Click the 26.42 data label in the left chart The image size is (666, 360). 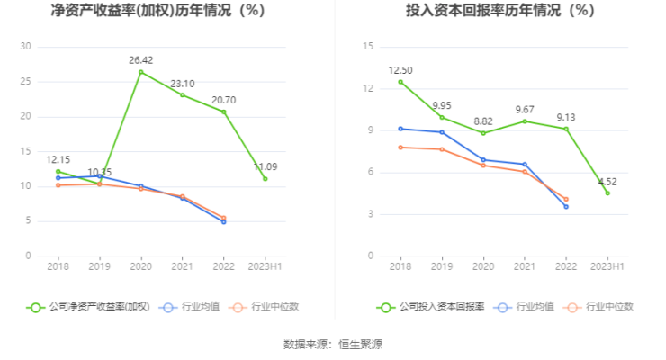pyautogui.click(x=140, y=60)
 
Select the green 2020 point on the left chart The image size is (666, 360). pyautogui.click(x=140, y=72)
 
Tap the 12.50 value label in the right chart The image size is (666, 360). pyautogui.click(x=400, y=70)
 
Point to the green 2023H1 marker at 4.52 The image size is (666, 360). pyautogui.click(x=607, y=193)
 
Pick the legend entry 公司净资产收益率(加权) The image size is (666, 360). pyautogui.click(x=88, y=307)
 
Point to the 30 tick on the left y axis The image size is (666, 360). pyautogui.click(x=25, y=47)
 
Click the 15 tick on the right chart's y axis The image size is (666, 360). pyautogui.click(x=366, y=47)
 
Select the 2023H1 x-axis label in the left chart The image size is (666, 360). pyautogui.click(x=265, y=267)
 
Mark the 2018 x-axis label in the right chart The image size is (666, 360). pyautogui.click(x=400, y=267)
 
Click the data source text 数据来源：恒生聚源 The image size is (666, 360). pyautogui.click(x=333, y=344)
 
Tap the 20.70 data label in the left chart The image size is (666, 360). pyautogui.click(x=223, y=100)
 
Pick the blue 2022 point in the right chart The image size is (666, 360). pyautogui.click(x=566, y=207)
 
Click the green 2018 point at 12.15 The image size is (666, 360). pyautogui.click(x=58, y=171)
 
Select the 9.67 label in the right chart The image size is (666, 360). pyautogui.click(x=525, y=110)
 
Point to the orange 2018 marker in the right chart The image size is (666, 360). pyautogui.click(x=400, y=148)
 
